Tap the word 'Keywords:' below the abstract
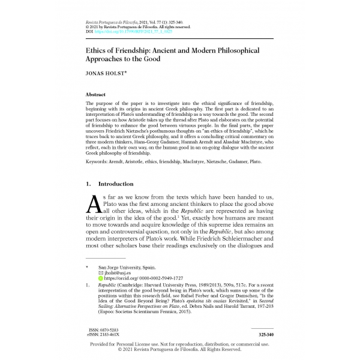pyautogui.click(x=100, y=162)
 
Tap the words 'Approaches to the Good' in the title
pyautogui.click(x=134, y=60)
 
